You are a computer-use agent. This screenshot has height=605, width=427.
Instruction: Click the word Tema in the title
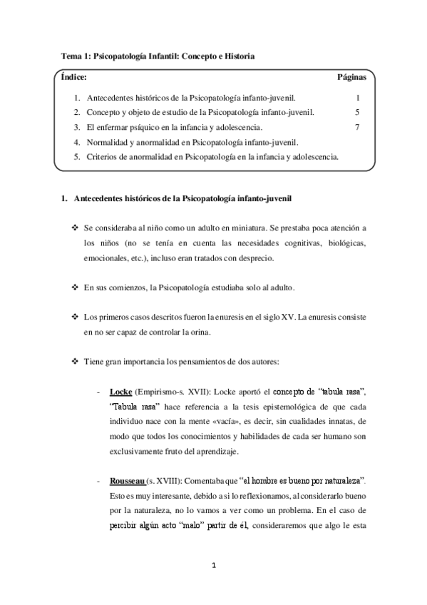[x=70, y=55]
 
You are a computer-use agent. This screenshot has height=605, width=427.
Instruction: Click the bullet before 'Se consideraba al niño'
[x=75, y=228]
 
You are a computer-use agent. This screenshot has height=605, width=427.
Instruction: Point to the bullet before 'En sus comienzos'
[x=75, y=287]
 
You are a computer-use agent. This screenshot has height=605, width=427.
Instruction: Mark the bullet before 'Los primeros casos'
[x=75, y=316]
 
